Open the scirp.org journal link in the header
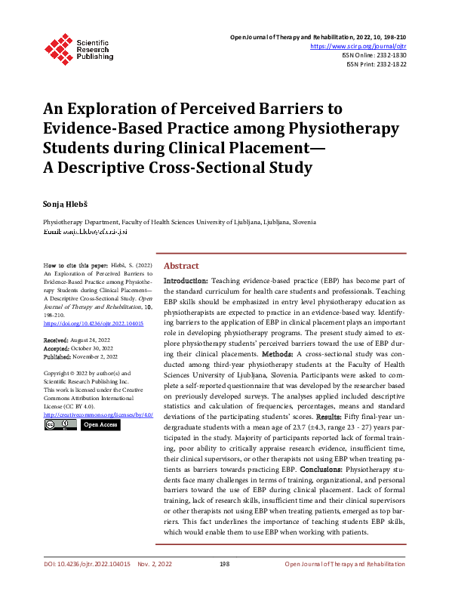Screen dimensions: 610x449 point(358,46)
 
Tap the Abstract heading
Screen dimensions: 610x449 point(181,266)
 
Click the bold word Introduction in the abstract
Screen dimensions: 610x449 point(186,280)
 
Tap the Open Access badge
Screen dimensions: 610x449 point(99,425)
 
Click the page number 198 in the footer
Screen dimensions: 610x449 point(224,565)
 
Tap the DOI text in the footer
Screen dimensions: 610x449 point(87,565)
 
